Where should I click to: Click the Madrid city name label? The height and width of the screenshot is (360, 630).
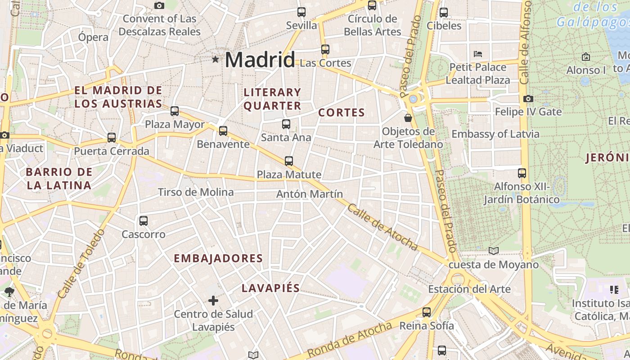click(260, 60)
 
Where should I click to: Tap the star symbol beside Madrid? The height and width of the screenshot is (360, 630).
click(216, 59)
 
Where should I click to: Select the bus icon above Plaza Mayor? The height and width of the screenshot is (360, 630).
click(175, 111)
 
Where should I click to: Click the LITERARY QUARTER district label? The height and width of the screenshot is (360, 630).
click(272, 99)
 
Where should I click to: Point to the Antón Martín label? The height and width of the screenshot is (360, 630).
click(310, 194)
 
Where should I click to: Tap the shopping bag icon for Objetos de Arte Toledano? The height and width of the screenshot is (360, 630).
click(408, 118)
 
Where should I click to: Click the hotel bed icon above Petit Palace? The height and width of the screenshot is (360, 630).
click(478, 54)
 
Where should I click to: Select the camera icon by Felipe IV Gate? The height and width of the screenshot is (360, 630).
click(528, 99)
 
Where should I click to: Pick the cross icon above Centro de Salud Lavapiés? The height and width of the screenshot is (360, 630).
click(213, 300)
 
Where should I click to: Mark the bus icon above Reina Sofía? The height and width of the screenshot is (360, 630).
click(427, 312)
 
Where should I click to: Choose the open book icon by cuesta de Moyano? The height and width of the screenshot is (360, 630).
click(494, 251)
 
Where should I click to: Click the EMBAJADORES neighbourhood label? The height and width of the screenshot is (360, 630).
click(218, 258)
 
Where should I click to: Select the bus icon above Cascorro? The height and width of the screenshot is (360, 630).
click(144, 221)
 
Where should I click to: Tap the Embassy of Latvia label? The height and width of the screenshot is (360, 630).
click(495, 134)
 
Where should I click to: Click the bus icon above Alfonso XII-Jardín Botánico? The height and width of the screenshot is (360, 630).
click(522, 173)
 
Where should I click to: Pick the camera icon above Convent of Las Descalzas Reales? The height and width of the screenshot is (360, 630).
click(159, 6)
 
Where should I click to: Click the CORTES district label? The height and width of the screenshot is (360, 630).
click(342, 112)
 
